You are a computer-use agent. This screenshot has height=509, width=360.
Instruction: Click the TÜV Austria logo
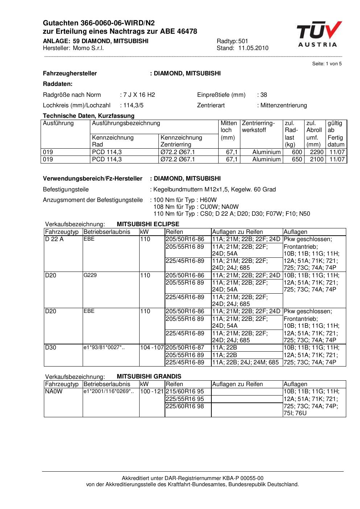319,34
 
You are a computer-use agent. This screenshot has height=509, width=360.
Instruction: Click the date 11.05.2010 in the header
253,48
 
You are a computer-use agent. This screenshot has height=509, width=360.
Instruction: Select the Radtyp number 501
243,41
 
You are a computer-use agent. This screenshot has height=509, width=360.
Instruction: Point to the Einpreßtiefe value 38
264,95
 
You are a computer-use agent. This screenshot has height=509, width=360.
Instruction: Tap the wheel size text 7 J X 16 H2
139,95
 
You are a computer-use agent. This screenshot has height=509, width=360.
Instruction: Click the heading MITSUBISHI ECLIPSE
148,224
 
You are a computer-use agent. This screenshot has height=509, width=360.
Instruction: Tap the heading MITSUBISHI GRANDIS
149,377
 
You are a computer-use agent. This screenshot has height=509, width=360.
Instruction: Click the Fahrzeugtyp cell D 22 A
54,239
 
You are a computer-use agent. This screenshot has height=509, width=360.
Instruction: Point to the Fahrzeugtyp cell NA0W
54,392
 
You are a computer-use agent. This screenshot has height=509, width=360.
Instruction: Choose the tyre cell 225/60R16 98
185,406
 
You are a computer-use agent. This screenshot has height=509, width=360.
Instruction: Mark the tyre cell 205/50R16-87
185,348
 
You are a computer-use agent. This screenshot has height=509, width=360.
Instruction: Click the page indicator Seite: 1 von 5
327,64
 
